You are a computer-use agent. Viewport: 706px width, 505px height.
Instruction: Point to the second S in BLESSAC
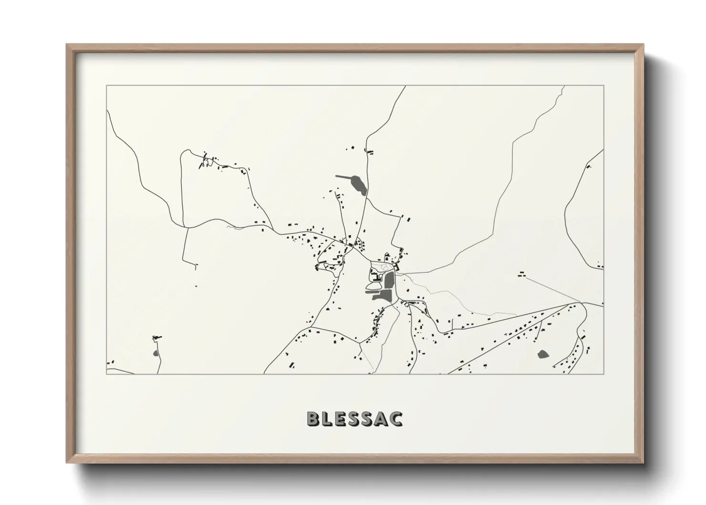click(x=369, y=419)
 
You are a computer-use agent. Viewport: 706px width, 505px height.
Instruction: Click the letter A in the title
click(x=383, y=419)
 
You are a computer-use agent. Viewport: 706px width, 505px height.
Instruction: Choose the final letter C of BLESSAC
click(x=397, y=419)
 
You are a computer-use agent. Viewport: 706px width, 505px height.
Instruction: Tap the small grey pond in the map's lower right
click(x=542, y=354)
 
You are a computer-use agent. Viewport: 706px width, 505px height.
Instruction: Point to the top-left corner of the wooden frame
click(x=67, y=45)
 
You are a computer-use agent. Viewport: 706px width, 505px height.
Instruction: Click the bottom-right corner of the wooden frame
click(x=644, y=463)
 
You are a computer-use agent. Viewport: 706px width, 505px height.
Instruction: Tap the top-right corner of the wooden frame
click(x=644, y=45)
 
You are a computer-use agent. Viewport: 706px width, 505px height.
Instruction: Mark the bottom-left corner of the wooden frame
click(x=67, y=463)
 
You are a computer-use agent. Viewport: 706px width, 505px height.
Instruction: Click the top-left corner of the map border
click(x=106, y=86)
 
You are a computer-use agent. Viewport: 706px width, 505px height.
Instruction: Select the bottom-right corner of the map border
click(x=603, y=374)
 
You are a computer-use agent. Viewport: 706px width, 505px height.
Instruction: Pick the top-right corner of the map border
click(x=603, y=86)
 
